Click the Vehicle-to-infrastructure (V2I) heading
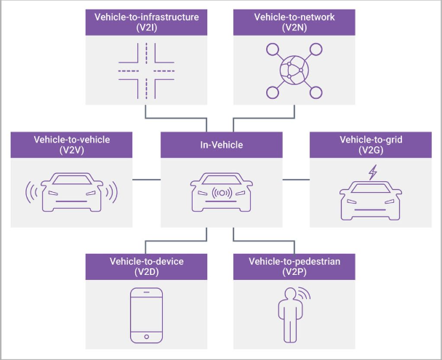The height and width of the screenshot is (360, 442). tap(145, 21)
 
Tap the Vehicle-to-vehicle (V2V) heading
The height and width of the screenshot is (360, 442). tap(72, 144)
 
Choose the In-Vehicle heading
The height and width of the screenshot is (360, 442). tap(221, 145)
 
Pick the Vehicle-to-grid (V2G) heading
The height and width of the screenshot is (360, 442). tap(369, 144)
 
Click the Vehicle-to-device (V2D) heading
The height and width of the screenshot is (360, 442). tap(145, 266)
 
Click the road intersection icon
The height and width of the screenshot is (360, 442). tap(145, 71)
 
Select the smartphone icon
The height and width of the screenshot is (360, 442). tap(145, 314)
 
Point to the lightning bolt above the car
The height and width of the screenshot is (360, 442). tap(373, 173)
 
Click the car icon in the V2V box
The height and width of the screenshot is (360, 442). tap(72, 193)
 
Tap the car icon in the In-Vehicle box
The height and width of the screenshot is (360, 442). tap(220, 193)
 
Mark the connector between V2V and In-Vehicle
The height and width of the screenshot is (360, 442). tap(146, 180)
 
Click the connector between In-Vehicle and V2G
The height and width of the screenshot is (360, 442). tap(295, 180)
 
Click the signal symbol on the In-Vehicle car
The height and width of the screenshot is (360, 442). tap(220, 194)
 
